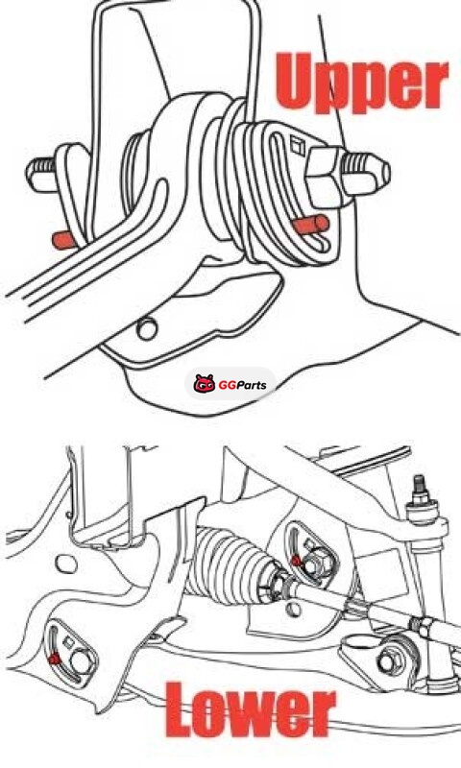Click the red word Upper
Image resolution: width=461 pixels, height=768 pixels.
[361, 82]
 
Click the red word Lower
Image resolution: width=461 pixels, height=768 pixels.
[251, 709]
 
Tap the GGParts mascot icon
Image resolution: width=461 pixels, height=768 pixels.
[205, 384]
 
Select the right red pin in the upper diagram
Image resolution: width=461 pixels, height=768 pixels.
[310, 226]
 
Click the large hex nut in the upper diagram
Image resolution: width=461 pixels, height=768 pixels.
[326, 176]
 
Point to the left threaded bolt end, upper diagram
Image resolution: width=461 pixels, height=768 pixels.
[41, 175]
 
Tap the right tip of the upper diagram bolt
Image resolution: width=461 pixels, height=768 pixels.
[390, 173]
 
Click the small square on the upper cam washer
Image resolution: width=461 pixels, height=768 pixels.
[297, 145]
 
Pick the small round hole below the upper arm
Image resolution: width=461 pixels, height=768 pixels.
[147, 328]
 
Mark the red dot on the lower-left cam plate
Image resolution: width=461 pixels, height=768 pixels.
[55, 660]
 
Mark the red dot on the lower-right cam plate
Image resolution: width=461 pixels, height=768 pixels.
[296, 561]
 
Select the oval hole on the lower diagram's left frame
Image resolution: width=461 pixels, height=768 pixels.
[65, 564]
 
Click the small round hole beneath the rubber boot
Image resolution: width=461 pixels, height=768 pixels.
[294, 610]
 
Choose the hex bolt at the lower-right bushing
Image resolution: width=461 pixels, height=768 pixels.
[387, 662]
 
